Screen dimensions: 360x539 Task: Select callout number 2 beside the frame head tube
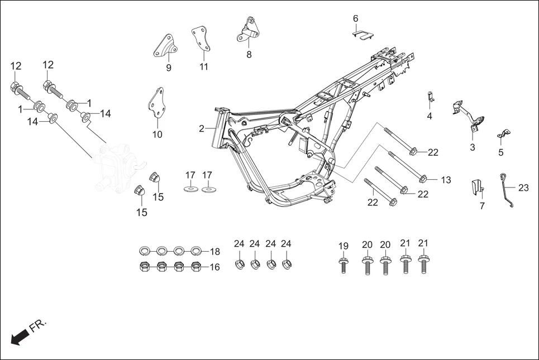pos(202,129)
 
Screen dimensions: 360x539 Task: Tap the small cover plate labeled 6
pos(362,35)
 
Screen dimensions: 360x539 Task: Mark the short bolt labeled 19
pos(343,265)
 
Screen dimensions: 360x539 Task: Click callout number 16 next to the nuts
pos(214,267)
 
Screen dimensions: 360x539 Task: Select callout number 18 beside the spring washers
pos(214,251)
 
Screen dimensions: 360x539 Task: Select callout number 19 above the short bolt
pos(344,246)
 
